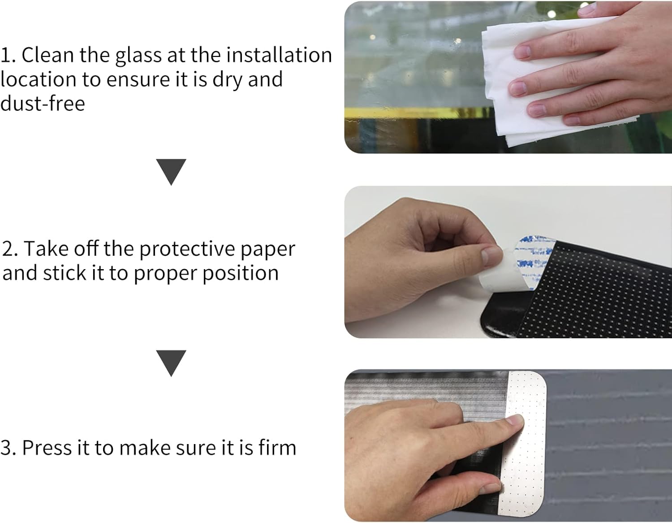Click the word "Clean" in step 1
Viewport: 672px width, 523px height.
point(48,55)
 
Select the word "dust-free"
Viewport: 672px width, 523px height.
point(43,103)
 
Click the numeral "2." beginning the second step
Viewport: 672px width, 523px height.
point(10,249)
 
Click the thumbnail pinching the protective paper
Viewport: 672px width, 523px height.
point(491,257)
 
